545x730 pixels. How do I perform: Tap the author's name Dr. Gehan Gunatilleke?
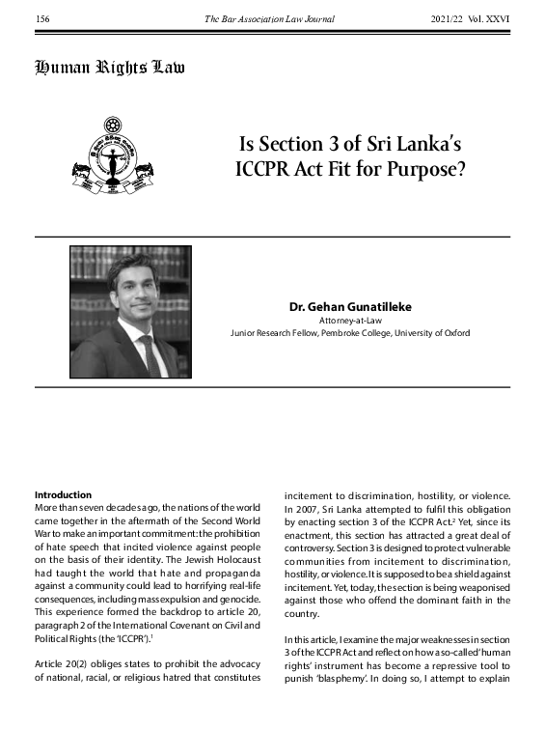coord(350,306)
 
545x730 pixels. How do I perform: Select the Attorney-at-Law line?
coord(350,320)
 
